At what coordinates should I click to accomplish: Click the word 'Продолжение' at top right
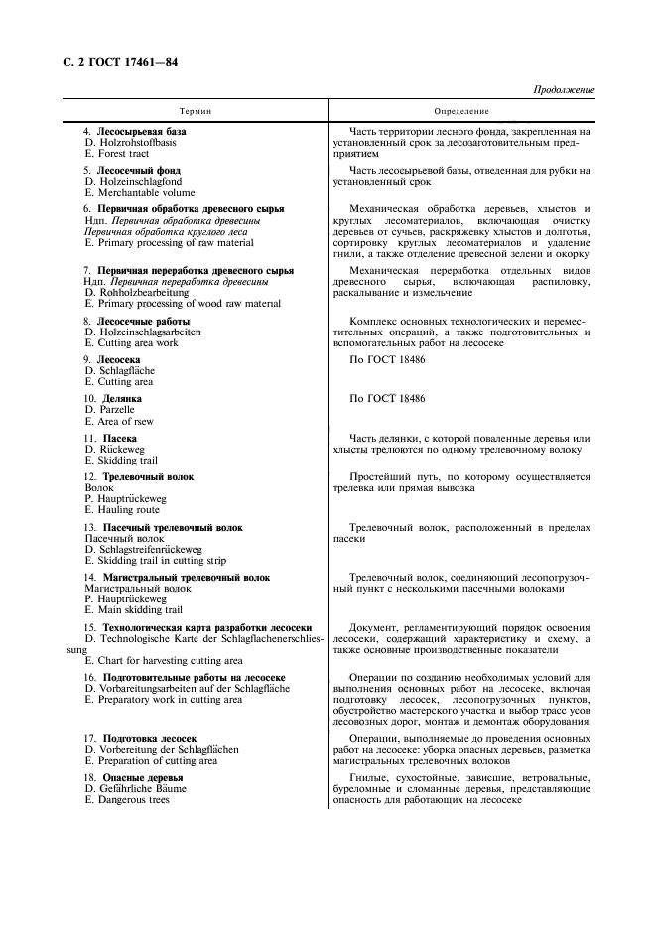click(564, 90)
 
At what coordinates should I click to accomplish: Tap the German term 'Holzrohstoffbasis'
click(137, 142)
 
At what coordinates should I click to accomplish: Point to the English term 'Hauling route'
click(128, 510)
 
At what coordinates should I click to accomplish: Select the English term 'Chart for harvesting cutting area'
click(169, 660)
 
